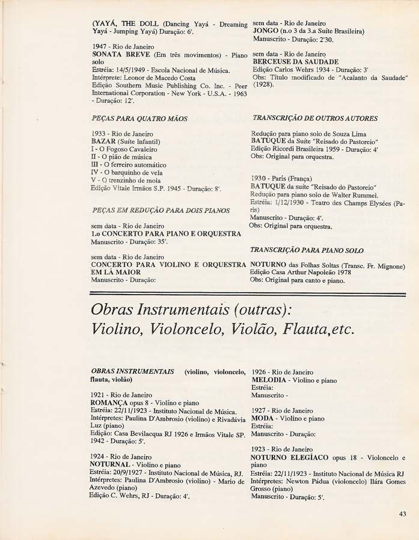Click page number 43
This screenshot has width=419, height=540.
point(402,513)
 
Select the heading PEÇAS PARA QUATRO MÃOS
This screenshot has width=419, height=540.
point(140,119)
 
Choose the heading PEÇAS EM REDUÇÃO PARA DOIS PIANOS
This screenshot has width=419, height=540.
point(161,211)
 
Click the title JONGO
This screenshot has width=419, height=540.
point(266,32)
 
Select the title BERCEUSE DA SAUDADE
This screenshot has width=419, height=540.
point(296,62)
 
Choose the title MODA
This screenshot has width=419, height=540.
point(263,418)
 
